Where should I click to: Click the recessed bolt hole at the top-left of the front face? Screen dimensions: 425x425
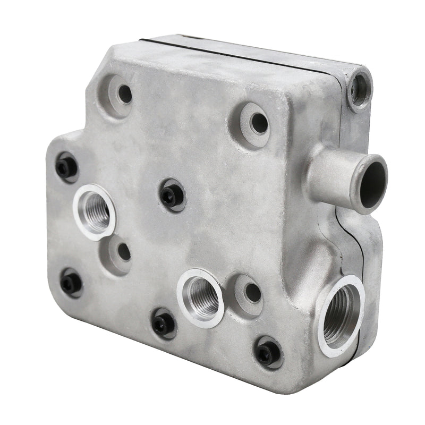point(124,94)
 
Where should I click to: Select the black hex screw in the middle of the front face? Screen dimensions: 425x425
point(171,196)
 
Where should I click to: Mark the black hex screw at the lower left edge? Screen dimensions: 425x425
point(71,283)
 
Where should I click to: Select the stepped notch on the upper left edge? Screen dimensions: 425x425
point(72,133)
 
